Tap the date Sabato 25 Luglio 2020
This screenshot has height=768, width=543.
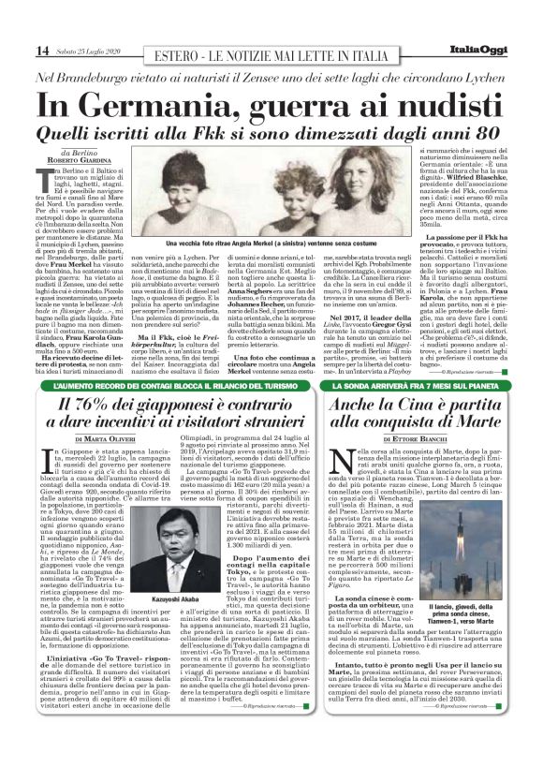pos(87,50)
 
